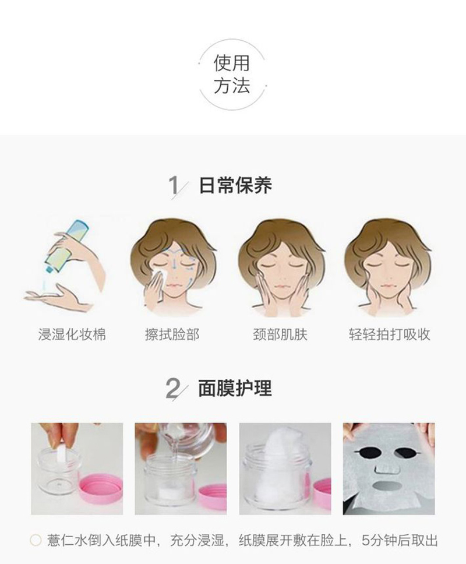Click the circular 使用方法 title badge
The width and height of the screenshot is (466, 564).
[x=232, y=75]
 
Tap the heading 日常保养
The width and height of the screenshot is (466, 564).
[x=235, y=186]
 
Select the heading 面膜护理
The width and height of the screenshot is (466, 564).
[x=235, y=389]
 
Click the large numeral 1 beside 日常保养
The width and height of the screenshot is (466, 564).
[x=174, y=186]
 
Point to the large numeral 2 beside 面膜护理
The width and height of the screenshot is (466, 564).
[x=173, y=389]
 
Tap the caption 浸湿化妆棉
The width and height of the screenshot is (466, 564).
[x=72, y=334]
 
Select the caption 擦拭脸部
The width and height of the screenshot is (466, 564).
[x=172, y=334]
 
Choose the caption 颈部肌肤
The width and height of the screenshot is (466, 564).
[x=280, y=334]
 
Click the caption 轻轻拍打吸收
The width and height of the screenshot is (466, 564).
[x=390, y=334]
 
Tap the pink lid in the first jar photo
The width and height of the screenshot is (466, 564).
[x=101, y=489]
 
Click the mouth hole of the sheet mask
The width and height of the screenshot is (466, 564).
[x=387, y=486]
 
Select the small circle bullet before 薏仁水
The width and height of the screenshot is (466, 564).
[x=36, y=540]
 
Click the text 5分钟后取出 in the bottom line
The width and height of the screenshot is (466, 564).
[x=400, y=540]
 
